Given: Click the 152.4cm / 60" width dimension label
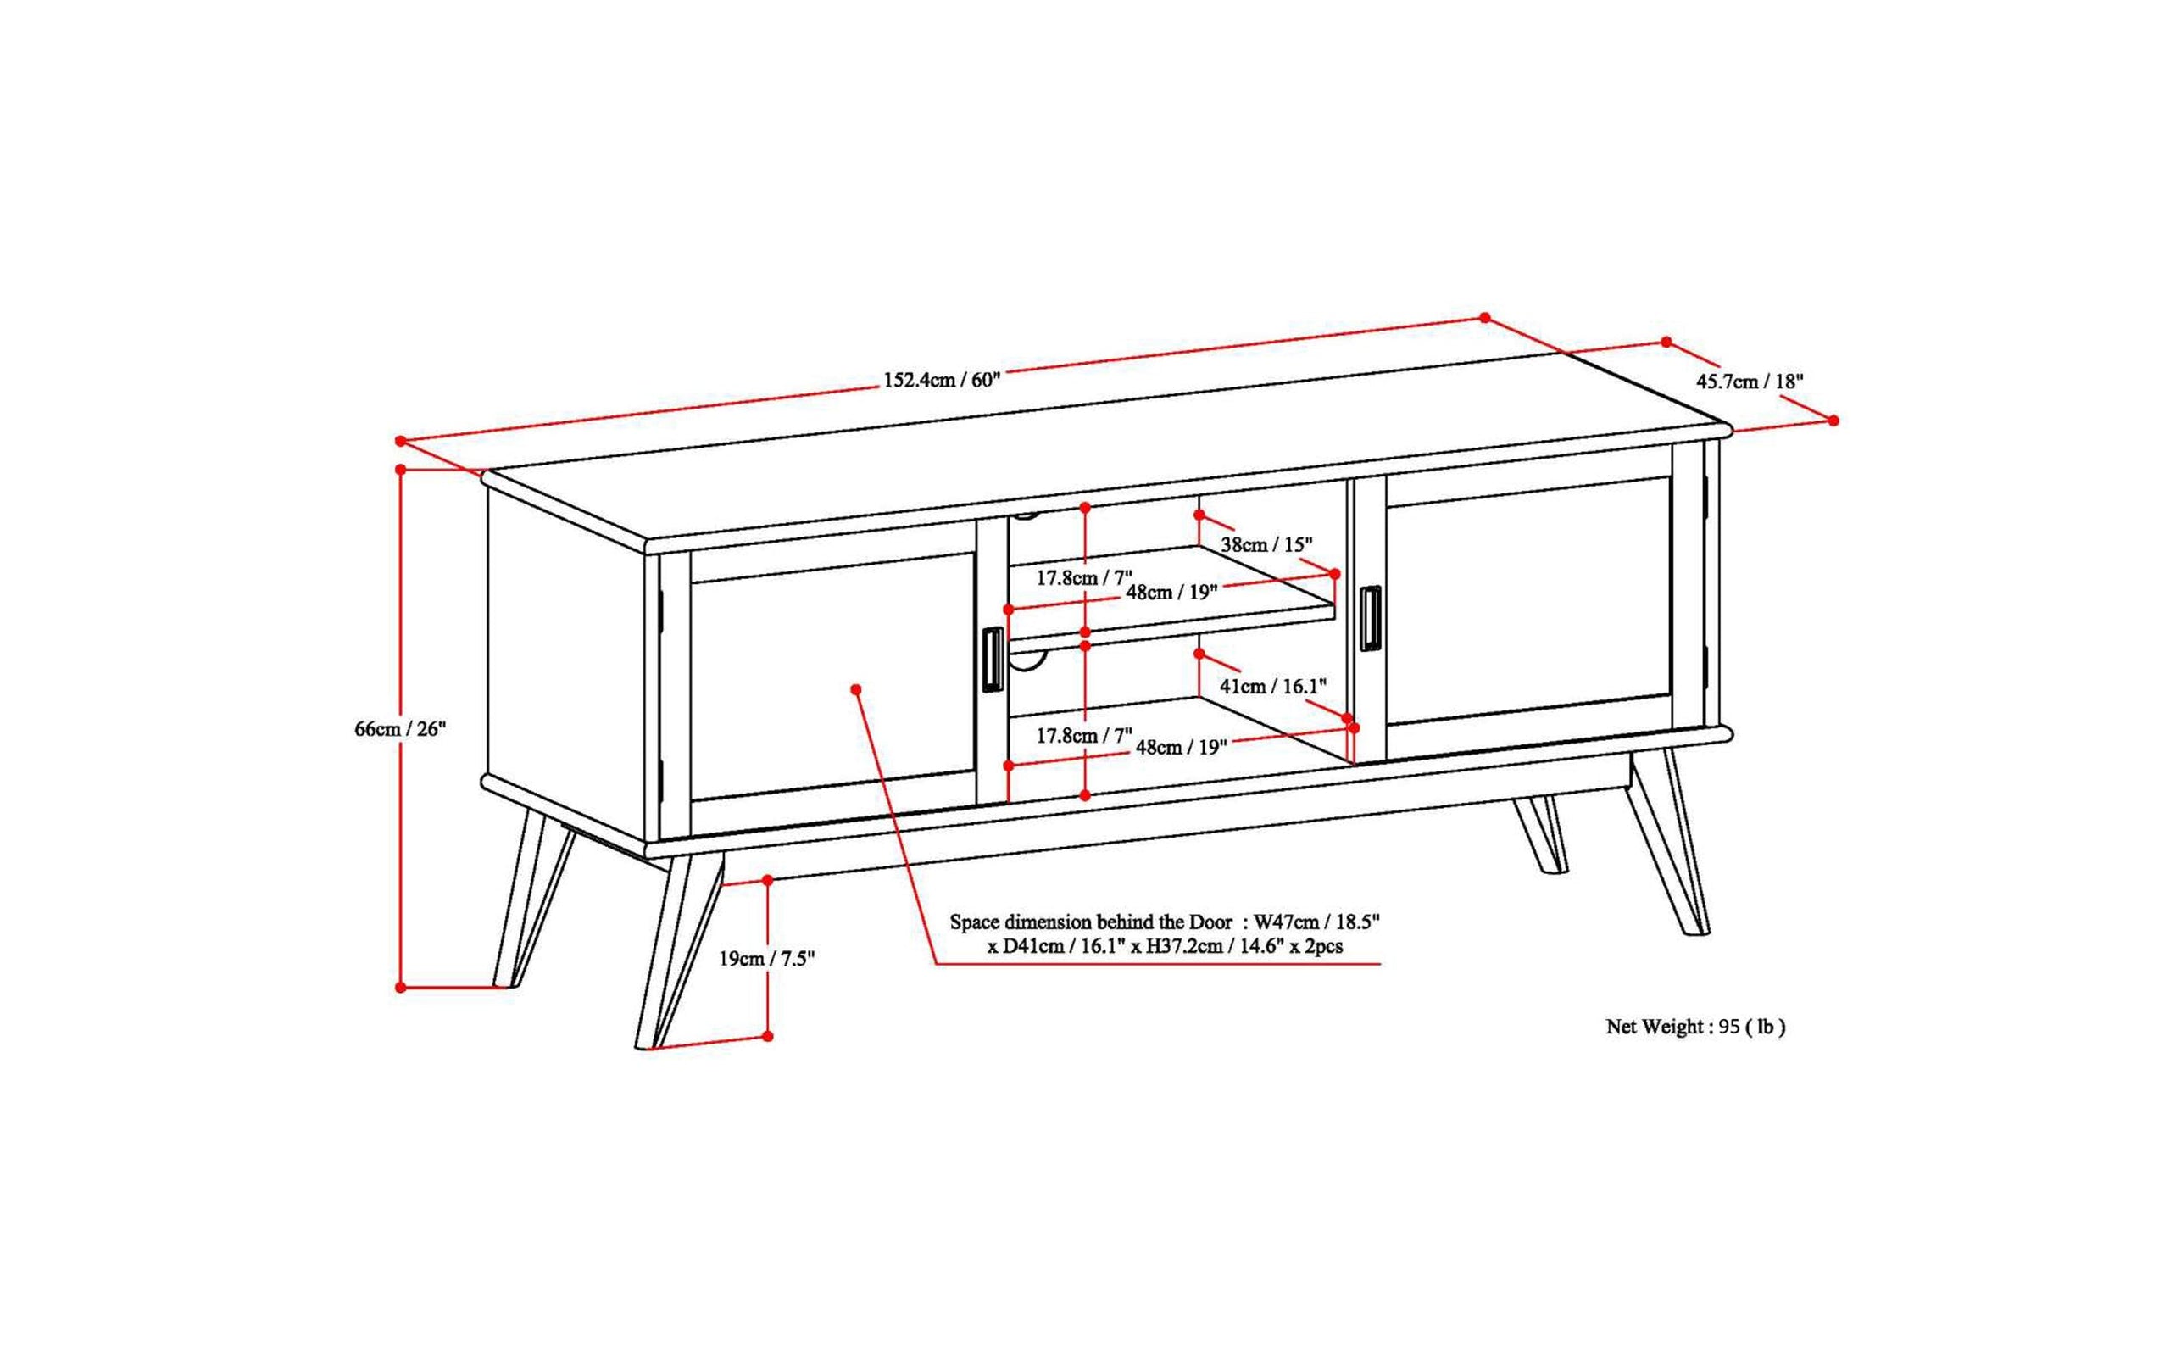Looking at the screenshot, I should (x=941, y=379).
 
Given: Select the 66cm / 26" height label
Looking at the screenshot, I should (x=400, y=728).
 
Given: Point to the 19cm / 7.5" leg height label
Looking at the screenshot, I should (x=765, y=958).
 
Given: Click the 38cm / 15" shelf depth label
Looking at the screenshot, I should (x=1266, y=544).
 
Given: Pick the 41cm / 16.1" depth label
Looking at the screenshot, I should (x=1272, y=686).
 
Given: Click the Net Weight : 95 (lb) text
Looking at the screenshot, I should (x=1694, y=1027).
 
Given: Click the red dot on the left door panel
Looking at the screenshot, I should (x=855, y=688).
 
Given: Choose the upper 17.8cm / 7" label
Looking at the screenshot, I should (x=1083, y=577).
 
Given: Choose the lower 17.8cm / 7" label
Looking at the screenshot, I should (x=1083, y=735).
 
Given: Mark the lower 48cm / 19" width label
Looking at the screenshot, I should (x=1181, y=747).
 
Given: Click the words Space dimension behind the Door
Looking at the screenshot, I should (x=1091, y=922).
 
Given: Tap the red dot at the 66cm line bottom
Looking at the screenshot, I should (x=401, y=987).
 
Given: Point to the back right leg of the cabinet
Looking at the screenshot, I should (x=1543, y=836).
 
